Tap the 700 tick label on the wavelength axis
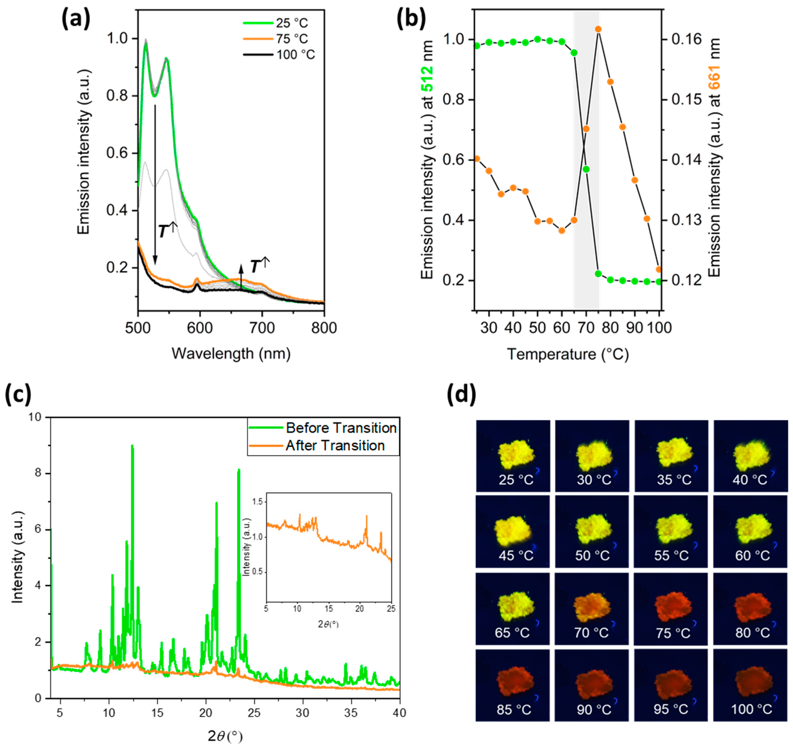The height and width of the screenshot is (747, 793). (262, 328)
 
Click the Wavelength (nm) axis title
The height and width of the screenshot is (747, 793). (231, 354)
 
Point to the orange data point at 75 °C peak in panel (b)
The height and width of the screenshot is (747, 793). (598, 29)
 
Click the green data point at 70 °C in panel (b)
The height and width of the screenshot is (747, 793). (586, 169)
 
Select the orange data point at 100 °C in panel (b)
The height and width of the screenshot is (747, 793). (659, 269)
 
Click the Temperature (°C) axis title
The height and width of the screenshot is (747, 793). (568, 354)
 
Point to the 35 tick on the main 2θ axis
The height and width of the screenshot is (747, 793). (351, 713)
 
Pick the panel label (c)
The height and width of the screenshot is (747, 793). (18, 394)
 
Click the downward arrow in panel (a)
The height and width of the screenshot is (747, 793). (155, 183)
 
